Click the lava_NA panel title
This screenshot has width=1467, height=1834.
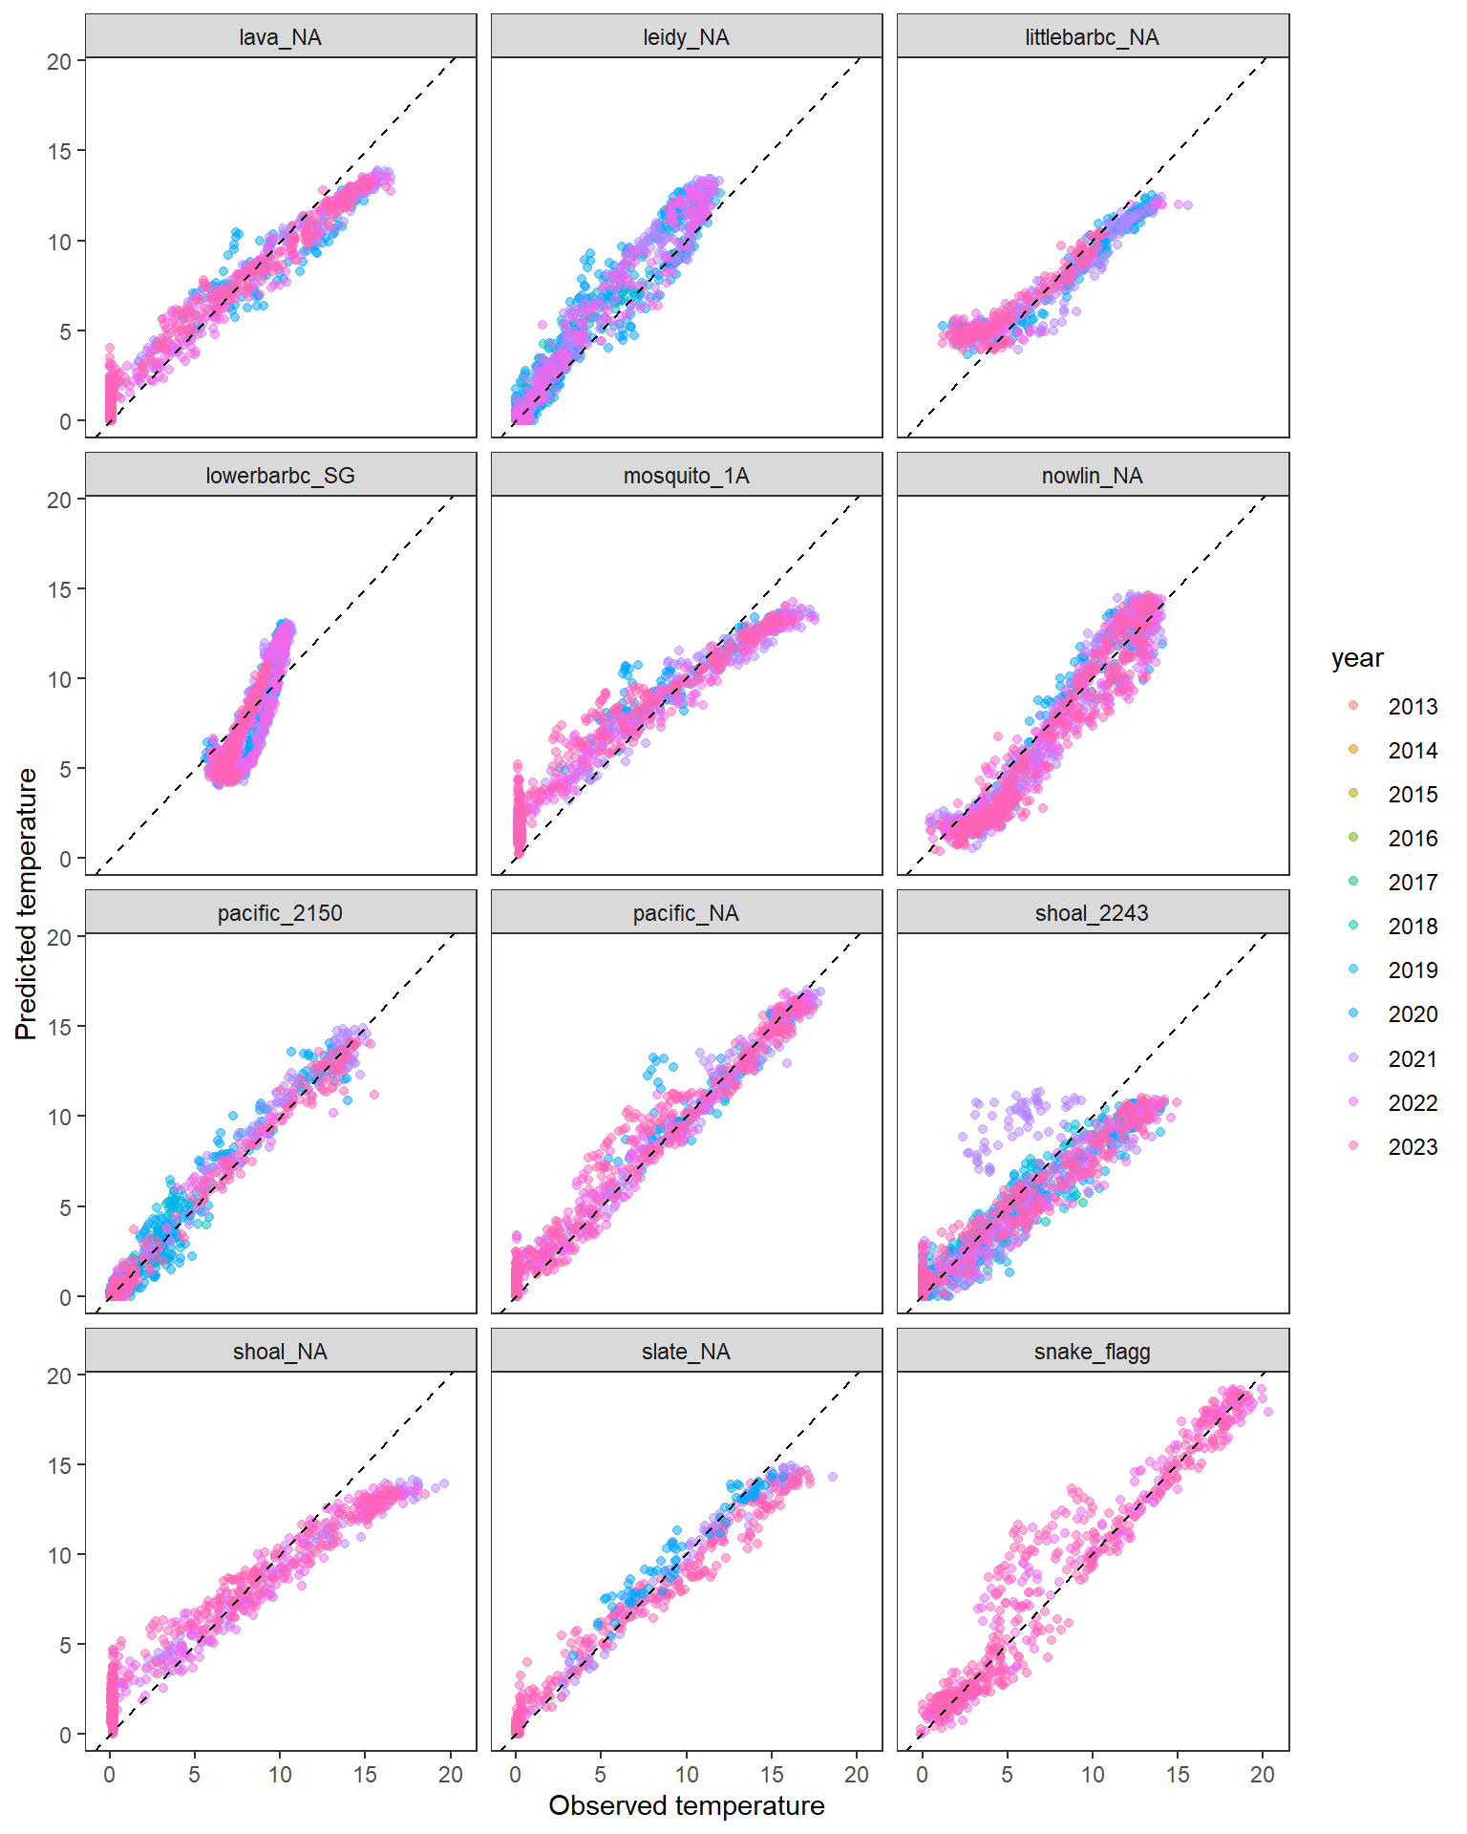tap(280, 37)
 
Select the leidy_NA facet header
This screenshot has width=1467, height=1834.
tap(686, 37)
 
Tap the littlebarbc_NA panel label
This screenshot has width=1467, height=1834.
tap(1092, 37)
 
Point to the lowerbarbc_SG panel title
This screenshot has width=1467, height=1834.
tap(280, 475)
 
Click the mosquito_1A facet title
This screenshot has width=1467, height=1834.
tap(686, 475)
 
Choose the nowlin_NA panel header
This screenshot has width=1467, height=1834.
tap(1092, 475)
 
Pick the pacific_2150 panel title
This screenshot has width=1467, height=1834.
tap(280, 913)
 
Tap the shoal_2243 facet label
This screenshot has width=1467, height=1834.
tap(1092, 913)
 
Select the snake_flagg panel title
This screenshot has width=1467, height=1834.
tap(1092, 1351)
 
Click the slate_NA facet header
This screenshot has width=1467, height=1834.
tap(686, 1351)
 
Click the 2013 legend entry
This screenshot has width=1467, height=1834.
tap(1412, 706)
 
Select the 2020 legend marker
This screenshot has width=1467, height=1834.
tap(1353, 1013)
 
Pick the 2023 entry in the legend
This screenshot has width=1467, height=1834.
tap(1412, 1146)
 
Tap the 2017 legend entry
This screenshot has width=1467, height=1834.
tap(1412, 882)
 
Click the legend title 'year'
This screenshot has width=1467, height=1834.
tap(1357, 658)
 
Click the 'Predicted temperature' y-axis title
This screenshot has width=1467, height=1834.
tap(27, 904)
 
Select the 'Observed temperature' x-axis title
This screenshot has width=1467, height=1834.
tap(686, 1805)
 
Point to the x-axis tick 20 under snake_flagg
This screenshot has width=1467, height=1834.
tap(1262, 1775)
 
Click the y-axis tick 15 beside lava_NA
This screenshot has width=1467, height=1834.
tap(60, 151)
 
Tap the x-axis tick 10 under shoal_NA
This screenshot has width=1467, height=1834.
tap(280, 1775)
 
